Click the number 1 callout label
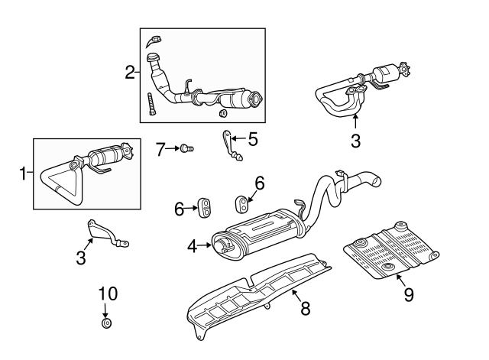(22, 174)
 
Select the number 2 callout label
(130, 73)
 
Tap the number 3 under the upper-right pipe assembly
(355, 141)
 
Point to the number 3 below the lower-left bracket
(81, 258)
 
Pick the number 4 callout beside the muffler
(193, 245)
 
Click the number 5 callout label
(252, 139)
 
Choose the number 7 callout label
(161, 149)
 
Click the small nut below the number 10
(107, 323)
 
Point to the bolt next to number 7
(186, 148)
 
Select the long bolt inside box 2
(151, 103)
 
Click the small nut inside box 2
(223, 114)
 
